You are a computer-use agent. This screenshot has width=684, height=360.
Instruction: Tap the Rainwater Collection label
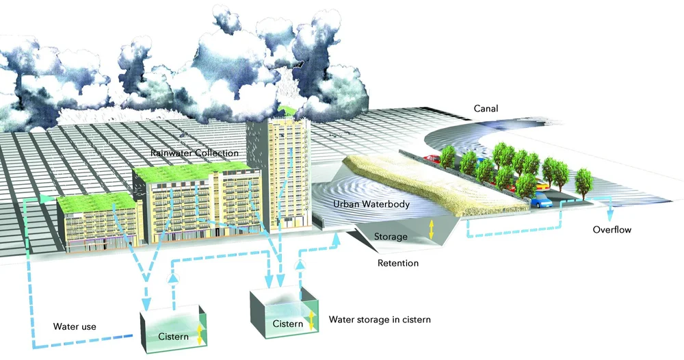coord(196,153)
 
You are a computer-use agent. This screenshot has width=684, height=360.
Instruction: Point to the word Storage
coord(391,237)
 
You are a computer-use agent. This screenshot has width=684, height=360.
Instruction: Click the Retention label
coord(397,263)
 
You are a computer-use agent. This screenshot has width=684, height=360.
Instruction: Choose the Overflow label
coord(612,230)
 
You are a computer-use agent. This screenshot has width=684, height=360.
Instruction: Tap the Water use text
coord(75,326)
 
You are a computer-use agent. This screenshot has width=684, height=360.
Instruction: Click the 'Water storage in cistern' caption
coord(380,319)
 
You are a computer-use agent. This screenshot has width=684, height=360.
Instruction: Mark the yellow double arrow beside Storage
coord(432,231)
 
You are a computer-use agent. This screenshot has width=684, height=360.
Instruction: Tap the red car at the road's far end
coord(433,159)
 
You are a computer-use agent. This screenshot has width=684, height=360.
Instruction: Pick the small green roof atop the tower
coord(287,111)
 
